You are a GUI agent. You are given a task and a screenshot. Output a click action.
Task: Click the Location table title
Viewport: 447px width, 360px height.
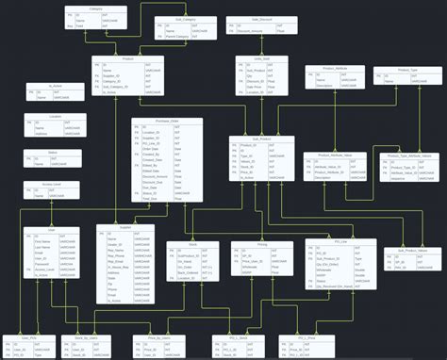[54, 117]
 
